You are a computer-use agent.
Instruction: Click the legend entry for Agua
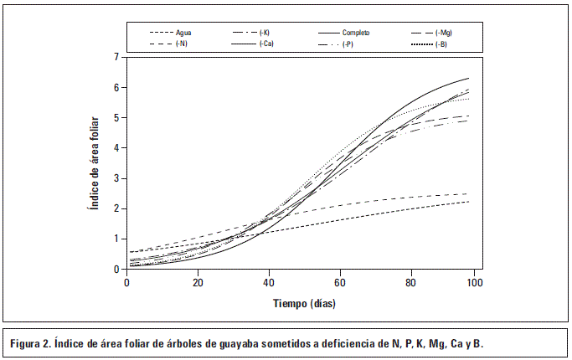click(x=184, y=33)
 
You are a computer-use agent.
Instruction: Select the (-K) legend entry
click(x=264, y=33)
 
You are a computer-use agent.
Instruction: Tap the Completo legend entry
click(x=356, y=33)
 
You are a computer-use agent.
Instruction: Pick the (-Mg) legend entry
click(x=444, y=33)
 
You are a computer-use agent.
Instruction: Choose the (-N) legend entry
click(x=182, y=44)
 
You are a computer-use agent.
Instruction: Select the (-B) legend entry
click(x=441, y=44)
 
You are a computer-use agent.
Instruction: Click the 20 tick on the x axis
click(x=197, y=283)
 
